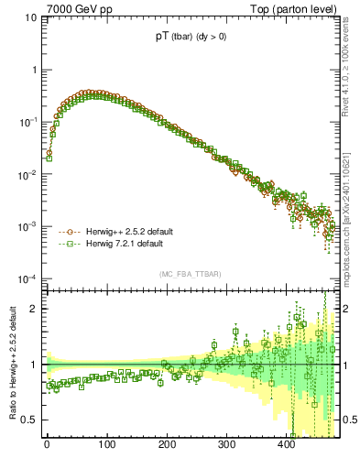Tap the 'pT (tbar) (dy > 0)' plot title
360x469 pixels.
192,39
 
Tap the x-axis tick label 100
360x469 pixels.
106,446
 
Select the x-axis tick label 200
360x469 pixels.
167,446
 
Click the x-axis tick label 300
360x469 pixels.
226,446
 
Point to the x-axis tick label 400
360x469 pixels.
286,446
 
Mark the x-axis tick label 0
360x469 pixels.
47,446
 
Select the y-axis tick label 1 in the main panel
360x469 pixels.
34,70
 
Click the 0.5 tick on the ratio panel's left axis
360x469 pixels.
29,420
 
